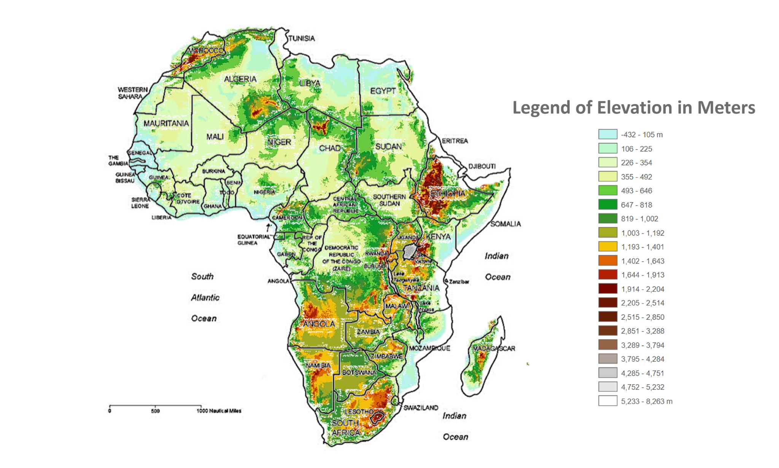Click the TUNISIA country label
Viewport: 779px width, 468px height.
coord(302,38)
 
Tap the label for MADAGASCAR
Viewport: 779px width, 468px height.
coord(494,348)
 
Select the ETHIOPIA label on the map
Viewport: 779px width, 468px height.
coord(447,194)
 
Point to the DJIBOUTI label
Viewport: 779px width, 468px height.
coord(482,166)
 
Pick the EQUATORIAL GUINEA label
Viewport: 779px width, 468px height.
coord(253,240)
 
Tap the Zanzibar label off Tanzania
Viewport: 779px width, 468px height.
coord(459,282)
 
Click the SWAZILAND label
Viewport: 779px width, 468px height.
coord(421,408)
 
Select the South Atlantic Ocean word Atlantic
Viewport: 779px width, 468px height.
coord(205,298)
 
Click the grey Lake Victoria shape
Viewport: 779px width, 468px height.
coord(410,251)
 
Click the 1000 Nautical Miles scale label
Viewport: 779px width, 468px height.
coord(219,411)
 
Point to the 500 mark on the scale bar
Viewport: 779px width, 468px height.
coord(155,411)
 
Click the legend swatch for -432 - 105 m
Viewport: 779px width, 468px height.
coord(607,134)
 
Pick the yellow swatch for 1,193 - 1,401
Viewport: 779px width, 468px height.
coord(607,247)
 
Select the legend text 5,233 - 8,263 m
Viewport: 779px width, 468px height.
coord(647,401)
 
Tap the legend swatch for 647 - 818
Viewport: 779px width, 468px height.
coord(607,205)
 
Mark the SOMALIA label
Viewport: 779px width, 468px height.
coord(505,224)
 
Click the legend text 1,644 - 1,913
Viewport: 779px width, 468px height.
coord(642,275)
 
